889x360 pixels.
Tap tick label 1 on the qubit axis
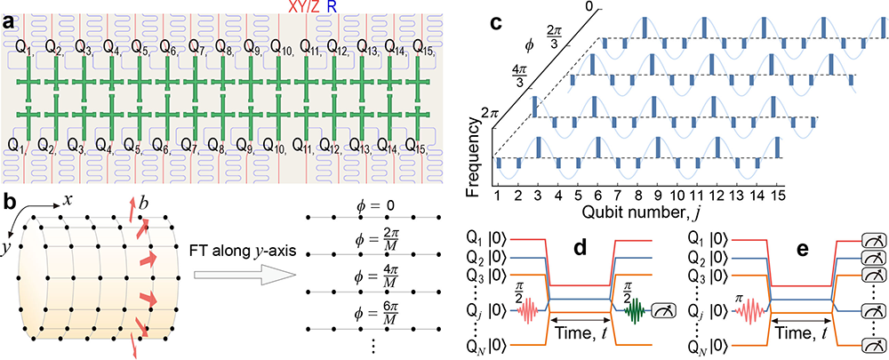click(x=497, y=198)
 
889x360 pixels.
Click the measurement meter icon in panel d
click(x=661, y=311)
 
